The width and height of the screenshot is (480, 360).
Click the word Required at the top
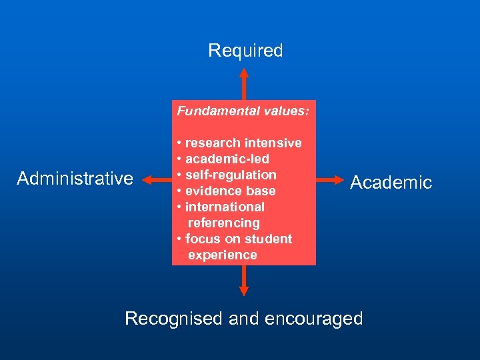coord(245,51)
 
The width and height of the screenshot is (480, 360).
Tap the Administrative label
coord(75,179)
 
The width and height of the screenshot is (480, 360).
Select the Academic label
coord(391,183)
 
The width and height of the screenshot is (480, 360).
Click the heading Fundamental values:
coord(243,111)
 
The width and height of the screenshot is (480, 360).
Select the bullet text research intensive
coord(243,143)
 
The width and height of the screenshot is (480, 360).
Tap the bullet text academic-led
coord(227,159)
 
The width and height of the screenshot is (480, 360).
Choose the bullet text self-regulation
coord(230,175)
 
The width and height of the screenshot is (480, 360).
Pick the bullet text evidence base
coord(230,191)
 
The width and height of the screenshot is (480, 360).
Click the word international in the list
coord(225,207)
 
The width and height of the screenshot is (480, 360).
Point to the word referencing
coord(223,223)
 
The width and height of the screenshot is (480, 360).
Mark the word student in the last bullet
coord(270,239)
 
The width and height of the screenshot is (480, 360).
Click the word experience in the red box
coord(222,255)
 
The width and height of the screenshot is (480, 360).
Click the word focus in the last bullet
coord(201,239)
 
